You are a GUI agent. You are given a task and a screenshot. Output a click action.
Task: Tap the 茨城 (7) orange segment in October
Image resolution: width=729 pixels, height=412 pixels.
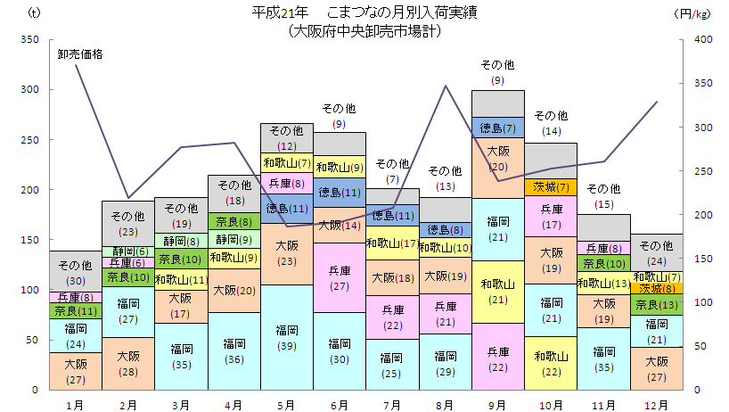click(x=551, y=187)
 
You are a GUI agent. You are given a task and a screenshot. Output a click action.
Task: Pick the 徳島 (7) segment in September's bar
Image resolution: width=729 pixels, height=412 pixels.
click(x=498, y=128)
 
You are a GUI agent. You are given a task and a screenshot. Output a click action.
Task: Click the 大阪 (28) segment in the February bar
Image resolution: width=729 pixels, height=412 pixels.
click(x=127, y=364)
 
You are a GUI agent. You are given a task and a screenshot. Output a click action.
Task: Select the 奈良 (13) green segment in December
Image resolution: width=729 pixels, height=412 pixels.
click(x=657, y=305)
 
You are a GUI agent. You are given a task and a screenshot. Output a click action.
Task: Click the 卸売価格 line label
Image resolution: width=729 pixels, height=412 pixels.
click(x=80, y=54)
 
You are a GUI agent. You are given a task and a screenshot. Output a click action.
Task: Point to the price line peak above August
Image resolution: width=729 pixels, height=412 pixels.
click(x=446, y=86)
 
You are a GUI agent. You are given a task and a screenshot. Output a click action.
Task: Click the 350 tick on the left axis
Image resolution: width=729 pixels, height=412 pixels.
click(x=29, y=39)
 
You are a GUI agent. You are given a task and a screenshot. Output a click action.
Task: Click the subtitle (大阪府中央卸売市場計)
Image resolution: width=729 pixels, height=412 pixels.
click(x=364, y=30)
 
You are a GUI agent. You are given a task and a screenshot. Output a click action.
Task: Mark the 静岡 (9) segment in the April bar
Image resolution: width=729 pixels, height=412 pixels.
click(x=233, y=240)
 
